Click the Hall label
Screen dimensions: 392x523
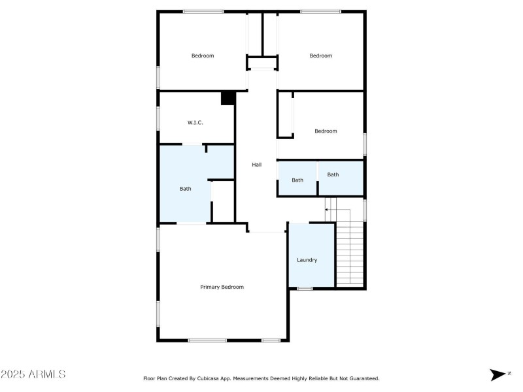pyautogui.click(x=257, y=165)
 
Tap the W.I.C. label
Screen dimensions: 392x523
pyautogui.click(x=195, y=122)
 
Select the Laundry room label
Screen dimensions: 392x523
pyautogui.click(x=307, y=260)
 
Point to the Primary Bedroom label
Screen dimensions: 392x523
pyautogui.click(x=222, y=287)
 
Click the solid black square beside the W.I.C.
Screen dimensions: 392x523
pyautogui.click(x=228, y=98)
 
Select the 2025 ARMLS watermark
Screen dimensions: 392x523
pyautogui.click(x=33, y=374)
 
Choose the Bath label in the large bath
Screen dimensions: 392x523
pyautogui.click(x=186, y=189)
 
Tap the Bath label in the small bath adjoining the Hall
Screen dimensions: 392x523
pyautogui.click(x=297, y=180)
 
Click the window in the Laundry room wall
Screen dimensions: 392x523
pyautogui.click(x=305, y=288)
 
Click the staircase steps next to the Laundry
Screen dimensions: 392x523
pyautogui.click(x=350, y=255)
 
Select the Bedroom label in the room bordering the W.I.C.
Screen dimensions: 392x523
pyautogui.click(x=203, y=56)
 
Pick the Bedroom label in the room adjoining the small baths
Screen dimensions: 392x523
pyautogui.click(x=326, y=131)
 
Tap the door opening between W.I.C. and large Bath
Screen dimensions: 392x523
pyautogui.click(x=192, y=144)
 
